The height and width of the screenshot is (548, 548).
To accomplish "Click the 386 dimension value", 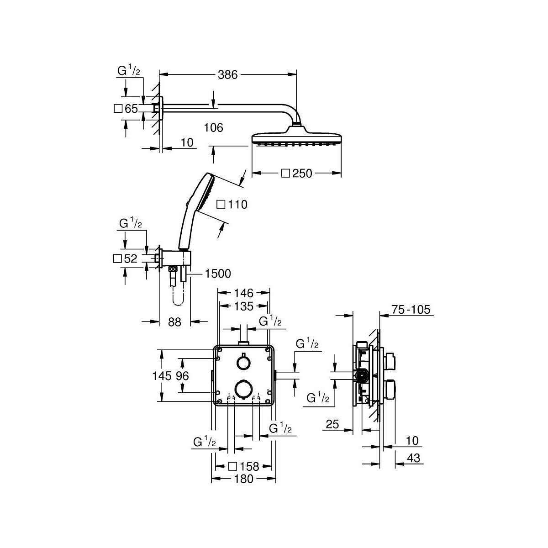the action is [227, 75].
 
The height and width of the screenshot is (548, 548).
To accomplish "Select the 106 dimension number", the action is [214, 128].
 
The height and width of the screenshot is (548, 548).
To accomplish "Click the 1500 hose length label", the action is [218, 274].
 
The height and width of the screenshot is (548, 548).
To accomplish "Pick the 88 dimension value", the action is [174, 322].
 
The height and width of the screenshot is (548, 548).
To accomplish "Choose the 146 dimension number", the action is [244, 293].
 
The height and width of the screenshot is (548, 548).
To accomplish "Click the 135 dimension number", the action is [244, 306].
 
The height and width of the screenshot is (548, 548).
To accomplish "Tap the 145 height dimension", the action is [162, 376].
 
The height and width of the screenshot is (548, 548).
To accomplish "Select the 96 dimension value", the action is [182, 376].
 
